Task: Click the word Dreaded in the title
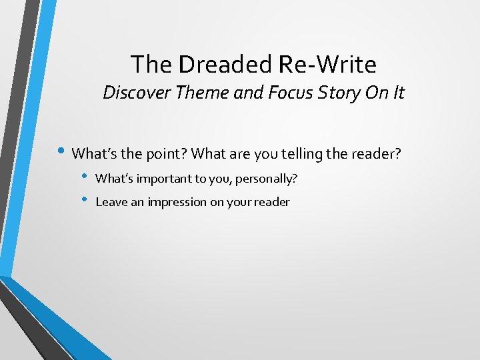[x=215, y=65]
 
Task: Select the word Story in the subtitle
[x=336, y=93]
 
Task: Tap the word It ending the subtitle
[x=397, y=93]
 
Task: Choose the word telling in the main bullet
[x=306, y=154]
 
